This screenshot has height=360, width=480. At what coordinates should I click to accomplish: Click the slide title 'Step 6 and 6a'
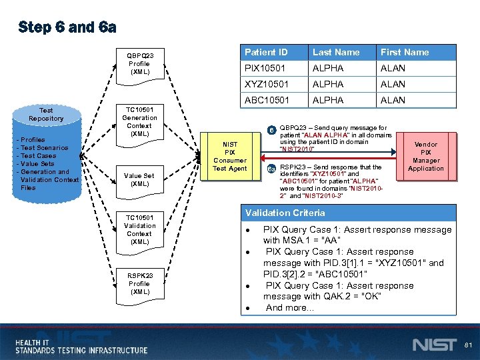click(x=67, y=27)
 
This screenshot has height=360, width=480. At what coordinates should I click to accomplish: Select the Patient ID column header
click(x=266, y=52)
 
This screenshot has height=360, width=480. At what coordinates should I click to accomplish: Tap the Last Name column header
click(x=336, y=52)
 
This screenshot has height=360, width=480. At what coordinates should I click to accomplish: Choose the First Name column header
click(x=405, y=52)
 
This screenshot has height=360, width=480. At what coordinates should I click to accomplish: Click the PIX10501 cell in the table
click(x=265, y=68)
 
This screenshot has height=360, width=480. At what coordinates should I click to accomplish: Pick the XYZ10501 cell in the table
click(x=265, y=84)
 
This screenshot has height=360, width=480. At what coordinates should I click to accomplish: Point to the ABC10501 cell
click(x=265, y=100)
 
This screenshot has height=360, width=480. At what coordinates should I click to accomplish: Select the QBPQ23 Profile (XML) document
click(x=140, y=64)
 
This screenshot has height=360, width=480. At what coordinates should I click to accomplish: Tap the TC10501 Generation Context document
click(x=140, y=122)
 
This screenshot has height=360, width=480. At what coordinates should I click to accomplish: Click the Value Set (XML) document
click(x=140, y=180)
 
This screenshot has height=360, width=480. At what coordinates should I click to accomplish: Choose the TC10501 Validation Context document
click(x=140, y=230)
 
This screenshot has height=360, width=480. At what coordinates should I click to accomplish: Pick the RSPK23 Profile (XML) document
click(x=140, y=284)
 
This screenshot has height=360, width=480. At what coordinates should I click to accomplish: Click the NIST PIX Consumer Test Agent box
click(x=230, y=157)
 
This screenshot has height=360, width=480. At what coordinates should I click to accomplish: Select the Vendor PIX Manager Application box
click(x=425, y=157)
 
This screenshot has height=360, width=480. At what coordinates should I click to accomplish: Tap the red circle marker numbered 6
click(x=271, y=129)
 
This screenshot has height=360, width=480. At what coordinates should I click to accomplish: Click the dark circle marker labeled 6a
click(x=271, y=168)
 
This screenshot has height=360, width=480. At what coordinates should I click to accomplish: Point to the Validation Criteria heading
click(x=285, y=213)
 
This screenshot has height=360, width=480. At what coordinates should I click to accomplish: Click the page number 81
click(x=468, y=345)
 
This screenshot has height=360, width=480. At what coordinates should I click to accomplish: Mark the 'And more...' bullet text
click(x=289, y=308)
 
